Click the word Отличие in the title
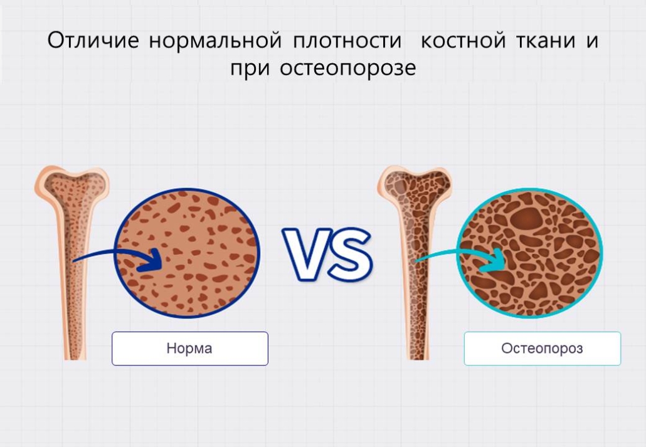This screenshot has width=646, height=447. click(x=93, y=40)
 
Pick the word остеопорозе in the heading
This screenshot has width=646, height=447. click(x=348, y=68)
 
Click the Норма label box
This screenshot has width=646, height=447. click(x=190, y=349)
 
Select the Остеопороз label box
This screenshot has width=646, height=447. click(x=542, y=349)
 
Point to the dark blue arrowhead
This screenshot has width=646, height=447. click(x=151, y=260)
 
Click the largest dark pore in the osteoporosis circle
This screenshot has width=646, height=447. click(x=527, y=217)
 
